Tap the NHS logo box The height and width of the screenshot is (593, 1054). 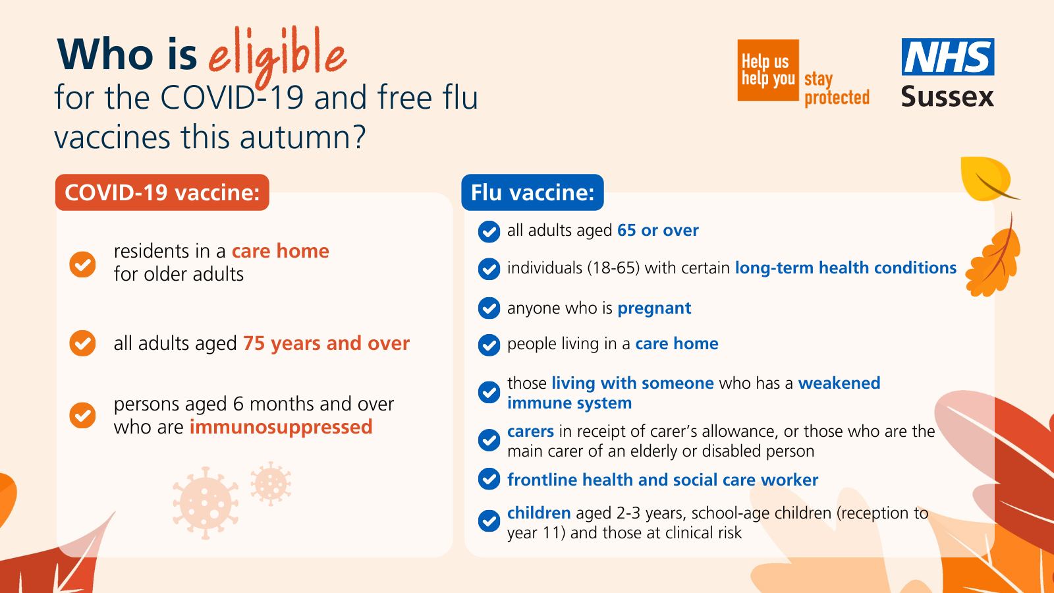click(948, 57)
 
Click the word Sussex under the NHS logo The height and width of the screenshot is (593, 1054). click(947, 97)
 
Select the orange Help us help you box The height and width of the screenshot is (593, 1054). click(768, 71)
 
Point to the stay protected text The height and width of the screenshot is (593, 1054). click(837, 89)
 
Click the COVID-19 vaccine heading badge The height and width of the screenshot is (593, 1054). click(162, 192)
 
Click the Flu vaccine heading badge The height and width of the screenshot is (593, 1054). click(532, 192)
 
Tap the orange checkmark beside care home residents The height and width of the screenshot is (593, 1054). click(83, 264)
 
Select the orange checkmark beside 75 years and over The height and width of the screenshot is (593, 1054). click(83, 343)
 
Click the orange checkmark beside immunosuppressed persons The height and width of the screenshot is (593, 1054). click(83, 415)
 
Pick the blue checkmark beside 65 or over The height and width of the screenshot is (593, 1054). click(489, 231)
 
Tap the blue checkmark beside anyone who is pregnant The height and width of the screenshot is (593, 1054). click(489, 308)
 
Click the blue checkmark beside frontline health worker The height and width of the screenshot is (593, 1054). click(489, 480)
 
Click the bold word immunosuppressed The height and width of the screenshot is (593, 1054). click(281, 427)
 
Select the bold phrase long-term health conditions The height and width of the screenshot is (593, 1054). click(846, 268)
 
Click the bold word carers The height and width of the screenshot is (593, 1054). click(530, 432)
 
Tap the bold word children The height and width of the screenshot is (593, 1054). click(539, 513)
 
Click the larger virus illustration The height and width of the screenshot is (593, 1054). click(206, 503)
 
